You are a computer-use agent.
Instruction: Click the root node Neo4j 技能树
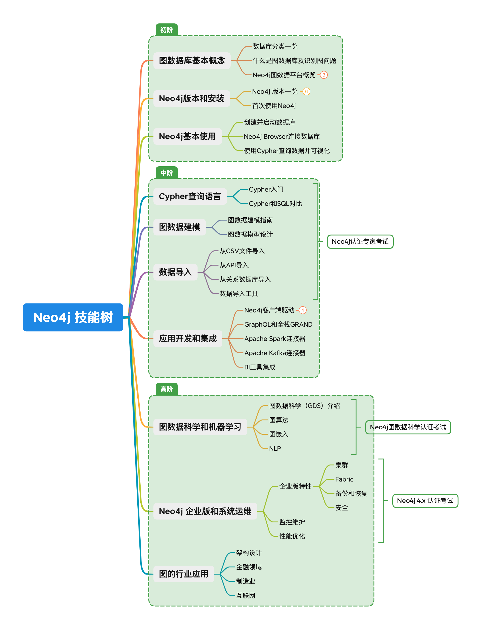click(73, 317)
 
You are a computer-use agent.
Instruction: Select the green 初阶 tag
click(167, 30)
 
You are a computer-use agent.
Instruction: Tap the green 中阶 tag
click(167, 173)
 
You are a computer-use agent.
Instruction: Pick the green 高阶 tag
click(167, 389)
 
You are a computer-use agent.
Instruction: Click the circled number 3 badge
click(324, 75)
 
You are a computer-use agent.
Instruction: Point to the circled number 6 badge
click(306, 92)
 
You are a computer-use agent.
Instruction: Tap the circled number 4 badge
click(303, 310)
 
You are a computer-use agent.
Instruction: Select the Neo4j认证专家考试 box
click(360, 242)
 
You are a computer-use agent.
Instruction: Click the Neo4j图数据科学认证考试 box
click(408, 427)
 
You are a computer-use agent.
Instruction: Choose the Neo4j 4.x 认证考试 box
click(425, 501)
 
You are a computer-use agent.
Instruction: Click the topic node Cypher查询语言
click(190, 196)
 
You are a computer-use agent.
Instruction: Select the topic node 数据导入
click(175, 272)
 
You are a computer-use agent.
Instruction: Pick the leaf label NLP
click(275, 448)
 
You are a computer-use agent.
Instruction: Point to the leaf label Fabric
click(344, 479)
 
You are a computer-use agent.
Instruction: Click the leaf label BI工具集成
click(260, 367)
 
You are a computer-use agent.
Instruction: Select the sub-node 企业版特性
click(295, 486)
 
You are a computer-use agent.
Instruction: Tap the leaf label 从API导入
click(234, 265)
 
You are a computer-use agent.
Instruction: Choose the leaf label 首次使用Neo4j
click(274, 106)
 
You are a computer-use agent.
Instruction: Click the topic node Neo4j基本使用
click(187, 136)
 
